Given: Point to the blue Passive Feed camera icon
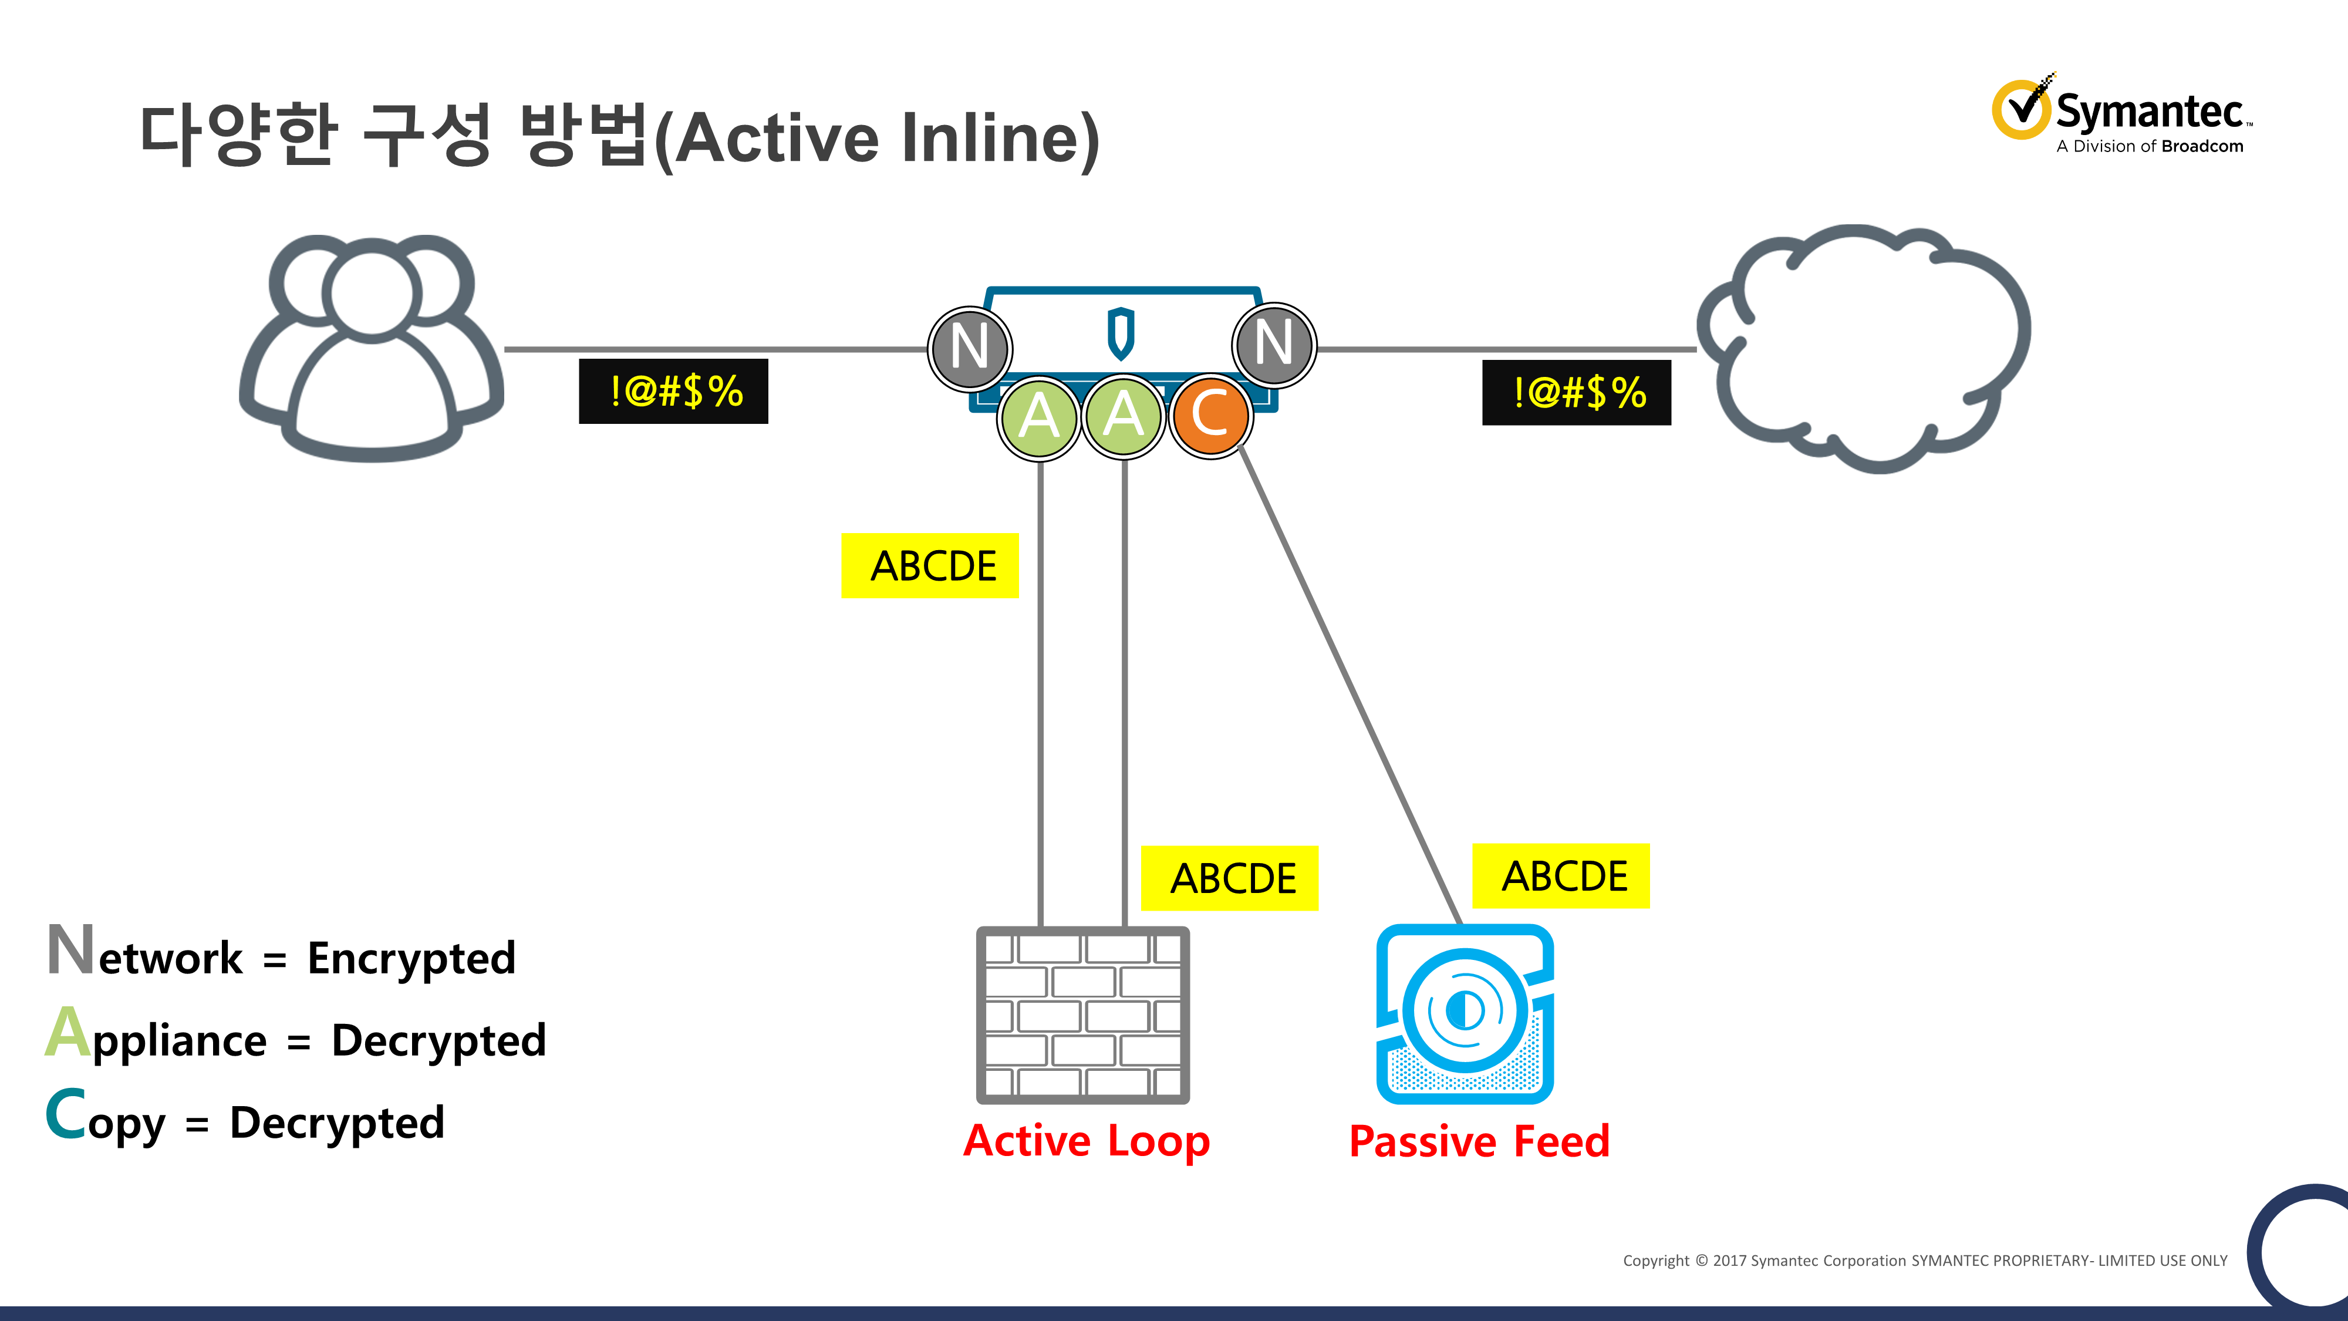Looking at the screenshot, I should (1465, 1014).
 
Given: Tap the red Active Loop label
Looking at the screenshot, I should (1087, 1141).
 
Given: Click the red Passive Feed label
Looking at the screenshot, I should (1479, 1141).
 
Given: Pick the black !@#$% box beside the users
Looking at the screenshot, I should (674, 391).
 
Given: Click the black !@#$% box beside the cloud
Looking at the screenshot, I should (1577, 393).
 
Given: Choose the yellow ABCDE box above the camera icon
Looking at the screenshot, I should (1561, 876).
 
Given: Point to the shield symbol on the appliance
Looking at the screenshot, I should (1121, 333).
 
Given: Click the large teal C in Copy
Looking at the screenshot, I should (66, 1114).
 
